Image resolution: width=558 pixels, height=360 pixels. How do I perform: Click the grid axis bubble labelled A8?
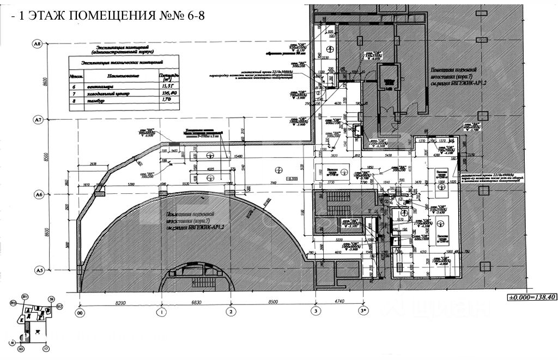[38, 44]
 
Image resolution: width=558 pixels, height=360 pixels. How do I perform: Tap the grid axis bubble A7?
[38, 119]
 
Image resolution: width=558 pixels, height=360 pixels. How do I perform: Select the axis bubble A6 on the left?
[38, 194]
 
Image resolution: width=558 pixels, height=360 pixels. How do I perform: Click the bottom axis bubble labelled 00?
[81, 312]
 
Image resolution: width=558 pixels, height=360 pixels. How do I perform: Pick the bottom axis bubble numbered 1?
[161, 312]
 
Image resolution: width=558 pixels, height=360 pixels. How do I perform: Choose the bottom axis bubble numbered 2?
[231, 312]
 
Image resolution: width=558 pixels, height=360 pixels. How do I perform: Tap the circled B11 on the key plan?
[25, 296]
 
